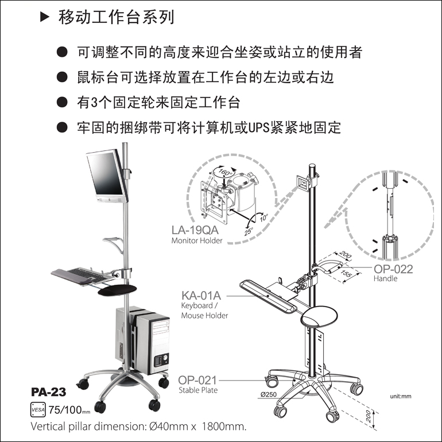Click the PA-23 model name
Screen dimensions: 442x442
point(48,392)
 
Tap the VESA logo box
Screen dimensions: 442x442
point(38,410)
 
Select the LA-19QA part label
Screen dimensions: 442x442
point(195,230)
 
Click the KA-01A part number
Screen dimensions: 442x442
point(201,296)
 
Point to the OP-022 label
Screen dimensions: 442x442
point(394,269)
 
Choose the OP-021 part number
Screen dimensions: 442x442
point(197,380)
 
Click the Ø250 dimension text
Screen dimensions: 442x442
point(269,394)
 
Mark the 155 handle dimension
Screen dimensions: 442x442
point(346,274)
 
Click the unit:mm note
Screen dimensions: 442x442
point(401,396)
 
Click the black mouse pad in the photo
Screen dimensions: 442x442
point(117,290)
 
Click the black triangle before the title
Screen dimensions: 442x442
point(45,17)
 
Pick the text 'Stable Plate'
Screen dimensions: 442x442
point(198,390)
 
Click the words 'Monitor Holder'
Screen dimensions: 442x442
point(197,241)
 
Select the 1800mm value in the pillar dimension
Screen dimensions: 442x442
point(224,426)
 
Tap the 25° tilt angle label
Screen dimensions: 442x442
point(249,231)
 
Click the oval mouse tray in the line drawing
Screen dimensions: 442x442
point(319,316)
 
